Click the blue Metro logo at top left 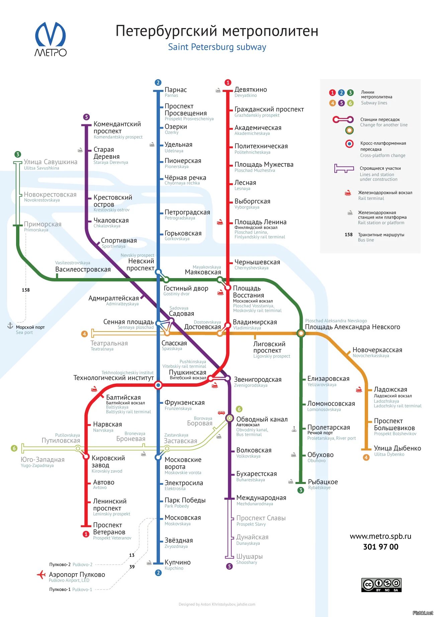click(51, 39)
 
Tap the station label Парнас click(175, 90)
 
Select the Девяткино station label click(251, 90)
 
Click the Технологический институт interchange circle click(158, 385)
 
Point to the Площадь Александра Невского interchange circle click(301, 333)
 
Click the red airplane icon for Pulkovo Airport click(41, 575)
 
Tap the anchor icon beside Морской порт click(10, 326)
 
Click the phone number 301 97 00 click(381, 547)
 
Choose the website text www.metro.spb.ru click(380, 536)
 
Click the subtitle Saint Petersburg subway click(217, 47)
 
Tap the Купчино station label click(177, 562)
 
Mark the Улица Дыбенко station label click(397, 448)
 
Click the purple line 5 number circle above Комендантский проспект click(86, 117)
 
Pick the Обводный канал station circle click(230, 418)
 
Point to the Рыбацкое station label click(323, 482)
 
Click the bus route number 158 click(26, 290)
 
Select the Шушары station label click(249, 557)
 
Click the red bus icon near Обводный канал click(221, 412)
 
